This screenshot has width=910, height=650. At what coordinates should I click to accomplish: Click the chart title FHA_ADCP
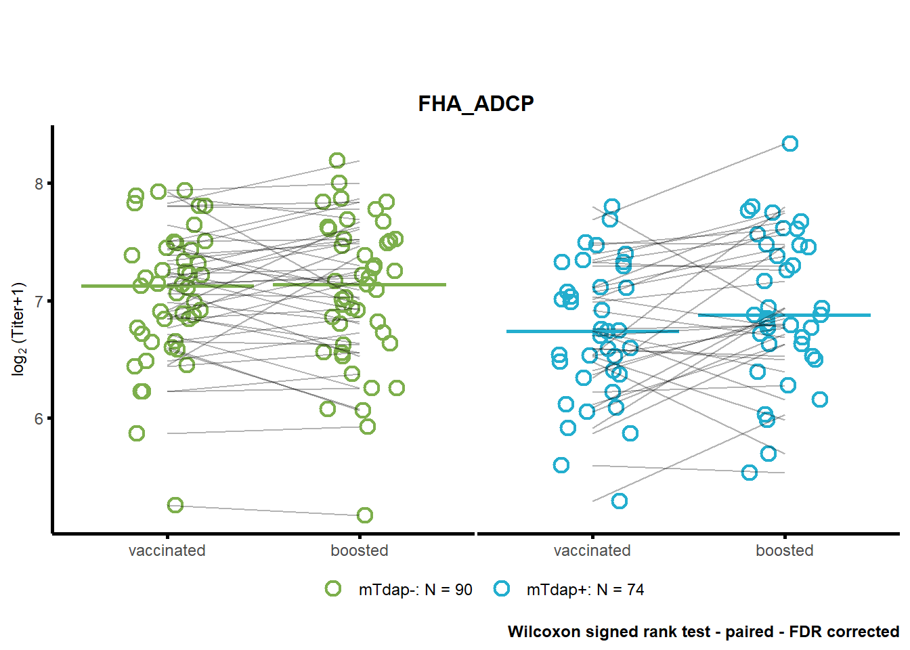point(476,104)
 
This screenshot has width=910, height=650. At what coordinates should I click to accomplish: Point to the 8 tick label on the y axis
point(39,184)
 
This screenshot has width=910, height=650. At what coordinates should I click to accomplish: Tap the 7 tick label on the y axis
point(39,301)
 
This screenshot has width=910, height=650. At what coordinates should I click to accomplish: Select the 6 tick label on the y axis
point(39,419)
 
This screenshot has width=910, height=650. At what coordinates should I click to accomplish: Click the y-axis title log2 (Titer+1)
point(19,330)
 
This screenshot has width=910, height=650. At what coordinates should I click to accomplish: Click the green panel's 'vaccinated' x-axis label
point(167,550)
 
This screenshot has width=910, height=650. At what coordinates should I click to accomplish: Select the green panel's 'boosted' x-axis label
point(359,550)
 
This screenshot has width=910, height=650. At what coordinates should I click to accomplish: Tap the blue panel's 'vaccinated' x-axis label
point(592,550)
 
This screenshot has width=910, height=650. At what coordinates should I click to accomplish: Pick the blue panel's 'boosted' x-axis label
point(785,550)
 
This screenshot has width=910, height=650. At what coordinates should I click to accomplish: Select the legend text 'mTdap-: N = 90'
point(415,590)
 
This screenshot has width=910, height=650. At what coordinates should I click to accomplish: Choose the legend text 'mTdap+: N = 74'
point(586,590)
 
